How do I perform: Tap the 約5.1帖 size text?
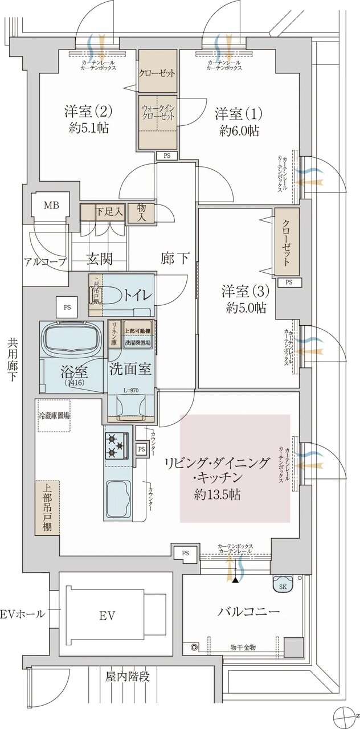point(87,128)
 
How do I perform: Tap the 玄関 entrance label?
point(99,259)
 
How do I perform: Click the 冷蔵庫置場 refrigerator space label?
point(54,416)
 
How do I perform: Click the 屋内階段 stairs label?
point(128,677)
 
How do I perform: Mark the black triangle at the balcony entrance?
point(235,580)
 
